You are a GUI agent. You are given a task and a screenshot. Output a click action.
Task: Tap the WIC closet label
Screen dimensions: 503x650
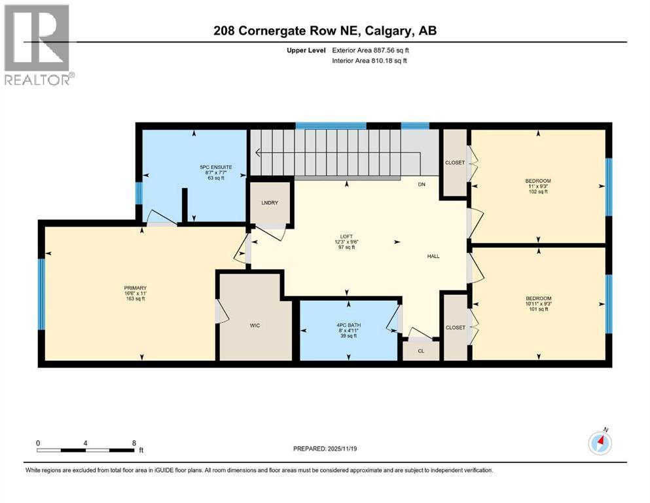coord(255,326)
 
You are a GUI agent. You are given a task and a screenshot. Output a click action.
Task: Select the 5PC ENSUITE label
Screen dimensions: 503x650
coord(216,168)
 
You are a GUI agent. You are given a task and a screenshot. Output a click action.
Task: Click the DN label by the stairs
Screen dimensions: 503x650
coord(422,185)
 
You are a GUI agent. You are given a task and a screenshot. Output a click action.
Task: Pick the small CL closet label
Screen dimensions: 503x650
coord(421,351)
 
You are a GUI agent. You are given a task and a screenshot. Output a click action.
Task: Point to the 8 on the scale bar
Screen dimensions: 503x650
coord(134,443)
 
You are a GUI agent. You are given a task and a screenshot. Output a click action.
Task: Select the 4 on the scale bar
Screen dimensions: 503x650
coord(86,443)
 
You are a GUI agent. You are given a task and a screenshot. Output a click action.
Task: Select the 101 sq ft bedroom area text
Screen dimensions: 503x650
coord(538,310)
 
